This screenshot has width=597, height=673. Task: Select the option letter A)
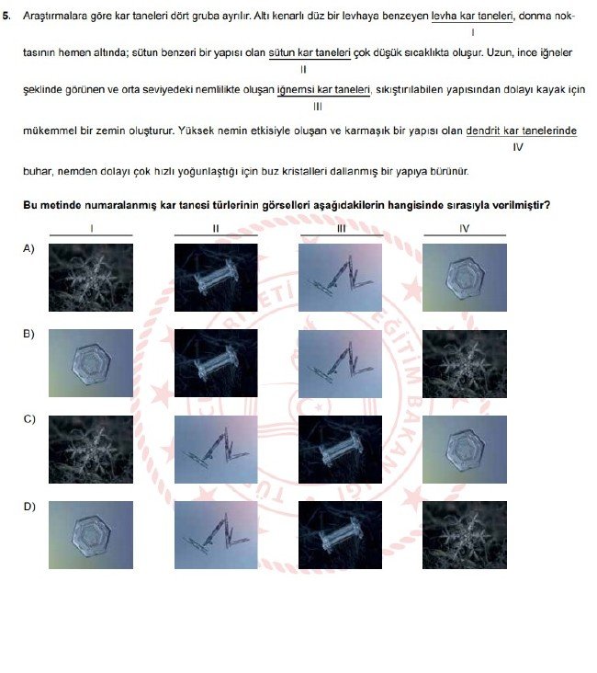coord(28,248)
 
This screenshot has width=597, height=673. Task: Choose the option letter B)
coord(28,334)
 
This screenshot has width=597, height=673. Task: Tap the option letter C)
coord(28,419)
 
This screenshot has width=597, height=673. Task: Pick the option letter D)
coord(28,506)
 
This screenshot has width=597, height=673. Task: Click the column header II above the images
coord(216,228)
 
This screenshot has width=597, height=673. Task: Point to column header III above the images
coord(340,228)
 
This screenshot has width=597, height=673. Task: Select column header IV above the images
coord(464,228)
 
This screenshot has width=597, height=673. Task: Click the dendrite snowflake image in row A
coord(91,277)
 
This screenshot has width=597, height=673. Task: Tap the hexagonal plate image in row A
coord(464,277)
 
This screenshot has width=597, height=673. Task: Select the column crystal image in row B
coord(216,363)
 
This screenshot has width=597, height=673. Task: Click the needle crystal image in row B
coord(340,363)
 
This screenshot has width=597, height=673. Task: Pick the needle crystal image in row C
coord(216,449)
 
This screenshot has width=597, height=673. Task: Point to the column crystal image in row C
coord(340,449)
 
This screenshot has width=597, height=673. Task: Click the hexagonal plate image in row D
coord(91,534)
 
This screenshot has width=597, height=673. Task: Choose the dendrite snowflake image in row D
coord(464,534)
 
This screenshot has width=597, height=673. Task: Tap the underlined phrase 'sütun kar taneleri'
coord(310,53)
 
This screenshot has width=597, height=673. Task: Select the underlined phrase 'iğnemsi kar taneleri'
coord(329,89)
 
